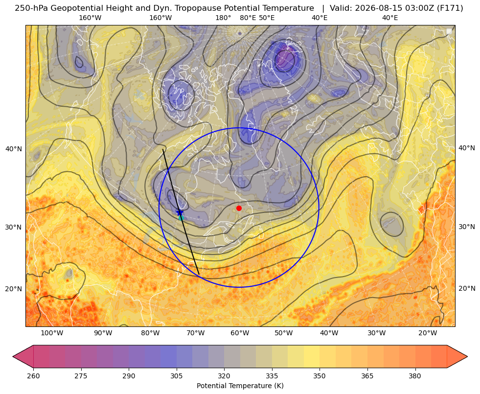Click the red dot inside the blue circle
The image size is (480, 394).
(x=239, y=208)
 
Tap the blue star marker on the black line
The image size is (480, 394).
(x=180, y=212)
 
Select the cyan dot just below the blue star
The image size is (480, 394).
(x=181, y=218)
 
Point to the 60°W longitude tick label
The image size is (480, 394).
(x=240, y=333)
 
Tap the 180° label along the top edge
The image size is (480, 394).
(x=223, y=18)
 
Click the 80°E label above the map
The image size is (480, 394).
(x=248, y=18)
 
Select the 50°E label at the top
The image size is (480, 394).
(x=267, y=18)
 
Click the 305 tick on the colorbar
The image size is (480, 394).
(x=177, y=376)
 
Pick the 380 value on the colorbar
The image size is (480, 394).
(x=415, y=376)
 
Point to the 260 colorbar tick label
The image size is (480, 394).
(x=33, y=376)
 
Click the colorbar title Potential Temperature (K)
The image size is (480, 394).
(x=240, y=386)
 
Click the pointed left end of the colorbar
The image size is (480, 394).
(x=13, y=356)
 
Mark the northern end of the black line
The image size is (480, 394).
(x=163, y=149)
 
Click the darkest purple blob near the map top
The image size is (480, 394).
(x=285, y=59)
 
